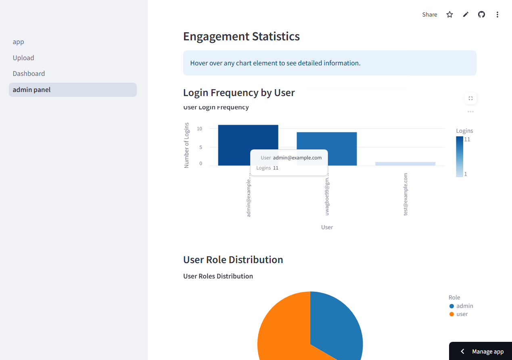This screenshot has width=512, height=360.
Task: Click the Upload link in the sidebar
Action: [x=23, y=58]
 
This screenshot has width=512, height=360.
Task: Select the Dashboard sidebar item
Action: [x=29, y=73]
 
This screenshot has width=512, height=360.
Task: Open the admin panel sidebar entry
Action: [x=31, y=90]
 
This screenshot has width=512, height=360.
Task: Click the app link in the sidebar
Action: [x=18, y=42]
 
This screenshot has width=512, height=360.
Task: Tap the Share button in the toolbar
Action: [x=429, y=15]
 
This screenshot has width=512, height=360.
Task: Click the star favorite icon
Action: [x=449, y=15]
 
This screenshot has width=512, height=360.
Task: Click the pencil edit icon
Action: [x=466, y=15]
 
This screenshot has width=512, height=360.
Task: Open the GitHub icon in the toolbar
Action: [x=481, y=15]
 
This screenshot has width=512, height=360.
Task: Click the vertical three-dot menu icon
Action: [x=497, y=15]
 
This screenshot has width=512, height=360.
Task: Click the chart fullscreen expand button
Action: [x=470, y=98]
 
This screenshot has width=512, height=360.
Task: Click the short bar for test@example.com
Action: [x=405, y=163]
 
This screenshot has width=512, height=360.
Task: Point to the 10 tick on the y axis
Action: [x=199, y=129]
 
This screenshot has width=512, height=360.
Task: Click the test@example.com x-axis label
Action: [x=406, y=194]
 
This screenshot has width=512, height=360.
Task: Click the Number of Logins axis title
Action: [x=186, y=145]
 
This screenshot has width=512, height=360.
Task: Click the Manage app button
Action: [x=483, y=352]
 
